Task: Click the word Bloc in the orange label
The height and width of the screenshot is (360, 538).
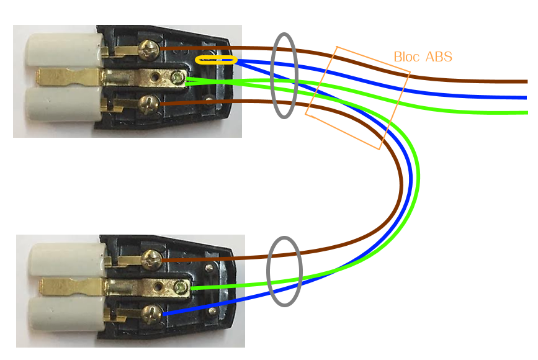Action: (x=406, y=57)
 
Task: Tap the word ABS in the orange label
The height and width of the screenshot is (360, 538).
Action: (x=439, y=57)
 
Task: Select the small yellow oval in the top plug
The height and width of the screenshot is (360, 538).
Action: (x=216, y=60)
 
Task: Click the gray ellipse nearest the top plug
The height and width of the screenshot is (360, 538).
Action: (x=285, y=75)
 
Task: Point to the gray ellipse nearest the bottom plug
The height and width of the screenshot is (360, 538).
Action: (x=284, y=271)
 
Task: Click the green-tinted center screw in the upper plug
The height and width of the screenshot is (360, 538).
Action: (x=179, y=78)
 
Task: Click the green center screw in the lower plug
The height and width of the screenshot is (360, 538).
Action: (x=181, y=287)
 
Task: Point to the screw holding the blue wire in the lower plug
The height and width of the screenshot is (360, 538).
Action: (x=153, y=314)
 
